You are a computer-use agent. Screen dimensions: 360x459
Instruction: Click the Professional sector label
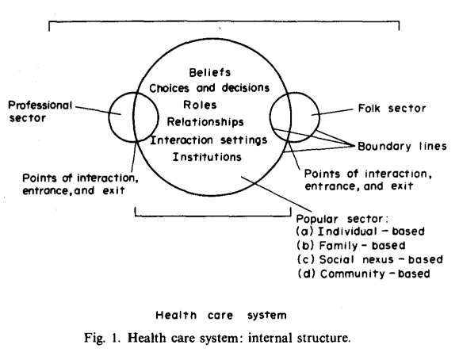(40, 111)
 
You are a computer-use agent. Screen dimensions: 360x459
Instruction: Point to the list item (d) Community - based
(361, 274)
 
